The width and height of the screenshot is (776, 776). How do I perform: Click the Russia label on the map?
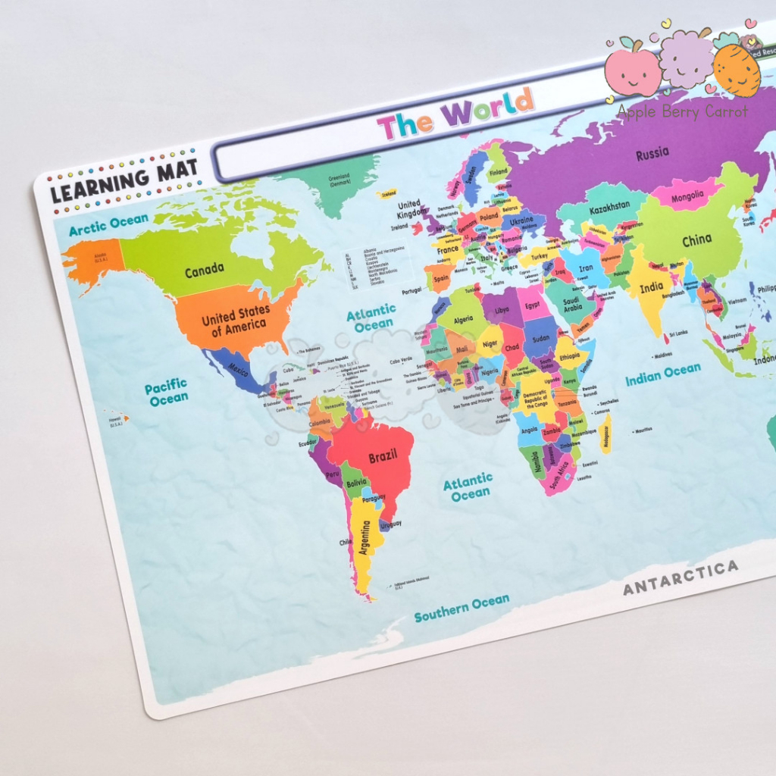[652, 154]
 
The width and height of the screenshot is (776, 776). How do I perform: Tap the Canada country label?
[204, 269]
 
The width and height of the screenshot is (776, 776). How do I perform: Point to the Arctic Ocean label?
[108, 224]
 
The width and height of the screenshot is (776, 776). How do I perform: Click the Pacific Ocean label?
[167, 394]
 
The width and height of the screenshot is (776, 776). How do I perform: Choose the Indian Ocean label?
[662, 374]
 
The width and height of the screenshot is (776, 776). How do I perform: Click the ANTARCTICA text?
[680, 577]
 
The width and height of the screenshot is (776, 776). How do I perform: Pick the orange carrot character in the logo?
[736, 70]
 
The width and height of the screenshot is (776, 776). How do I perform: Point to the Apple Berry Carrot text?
[682, 111]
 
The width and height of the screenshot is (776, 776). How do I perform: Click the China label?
[696, 241]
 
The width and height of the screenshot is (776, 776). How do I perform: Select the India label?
[651, 287]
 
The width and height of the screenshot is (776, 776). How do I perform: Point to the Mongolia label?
[687, 196]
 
